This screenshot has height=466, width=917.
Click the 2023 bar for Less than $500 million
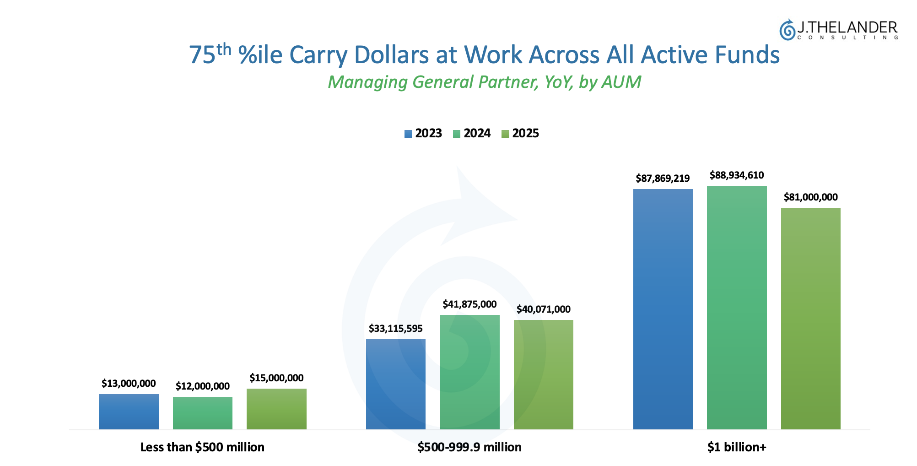129,412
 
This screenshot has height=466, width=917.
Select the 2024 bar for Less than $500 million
203,413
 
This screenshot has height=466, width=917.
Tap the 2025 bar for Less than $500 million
276,409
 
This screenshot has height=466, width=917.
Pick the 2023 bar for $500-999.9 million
396,384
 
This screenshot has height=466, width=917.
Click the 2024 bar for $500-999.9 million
469,372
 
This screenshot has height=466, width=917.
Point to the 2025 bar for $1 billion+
810,318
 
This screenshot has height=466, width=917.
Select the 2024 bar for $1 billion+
737,307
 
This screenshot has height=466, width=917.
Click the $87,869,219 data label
663,179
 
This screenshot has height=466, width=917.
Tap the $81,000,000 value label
810,197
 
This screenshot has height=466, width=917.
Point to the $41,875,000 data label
469,304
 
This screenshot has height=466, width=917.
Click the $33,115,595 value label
396,329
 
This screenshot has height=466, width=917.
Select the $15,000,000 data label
276,378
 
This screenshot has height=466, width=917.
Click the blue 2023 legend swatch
408,134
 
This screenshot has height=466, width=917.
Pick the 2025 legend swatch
505,134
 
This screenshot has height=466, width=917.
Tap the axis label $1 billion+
737,447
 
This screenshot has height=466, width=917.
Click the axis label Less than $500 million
202,447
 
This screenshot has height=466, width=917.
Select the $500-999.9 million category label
469,447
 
